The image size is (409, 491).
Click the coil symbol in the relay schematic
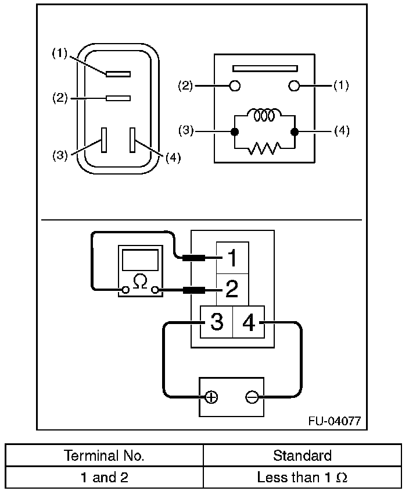[x=264, y=115]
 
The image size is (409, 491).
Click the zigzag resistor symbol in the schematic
[x=264, y=150]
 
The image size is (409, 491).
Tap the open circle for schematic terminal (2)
[x=235, y=86]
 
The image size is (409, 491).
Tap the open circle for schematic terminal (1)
[x=294, y=86]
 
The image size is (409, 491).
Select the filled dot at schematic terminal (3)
[x=235, y=132]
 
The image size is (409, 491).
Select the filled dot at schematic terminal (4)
[x=294, y=132]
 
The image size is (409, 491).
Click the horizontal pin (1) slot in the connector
[x=118, y=74]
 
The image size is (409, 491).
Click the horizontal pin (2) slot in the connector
[x=118, y=98]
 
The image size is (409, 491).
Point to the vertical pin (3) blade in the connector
[x=104, y=140]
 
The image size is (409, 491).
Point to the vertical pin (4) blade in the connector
[x=133, y=140]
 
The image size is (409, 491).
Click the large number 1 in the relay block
[x=232, y=258]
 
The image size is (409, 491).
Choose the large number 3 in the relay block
[x=216, y=322]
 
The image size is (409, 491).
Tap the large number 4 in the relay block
[x=249, y=322]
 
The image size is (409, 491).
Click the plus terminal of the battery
[x=211, y=398]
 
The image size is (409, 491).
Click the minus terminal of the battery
[x=252, y=398]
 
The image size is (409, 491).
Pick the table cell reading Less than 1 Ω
[x=302, y=478]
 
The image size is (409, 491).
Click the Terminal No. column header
[x=105, y=455]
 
